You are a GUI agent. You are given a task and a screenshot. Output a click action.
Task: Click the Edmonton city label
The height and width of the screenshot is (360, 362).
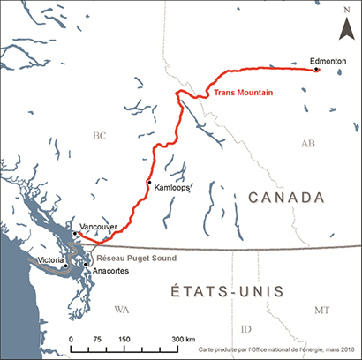[328, 60]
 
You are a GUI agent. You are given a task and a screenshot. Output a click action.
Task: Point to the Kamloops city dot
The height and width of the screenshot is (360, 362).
[149, 183]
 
